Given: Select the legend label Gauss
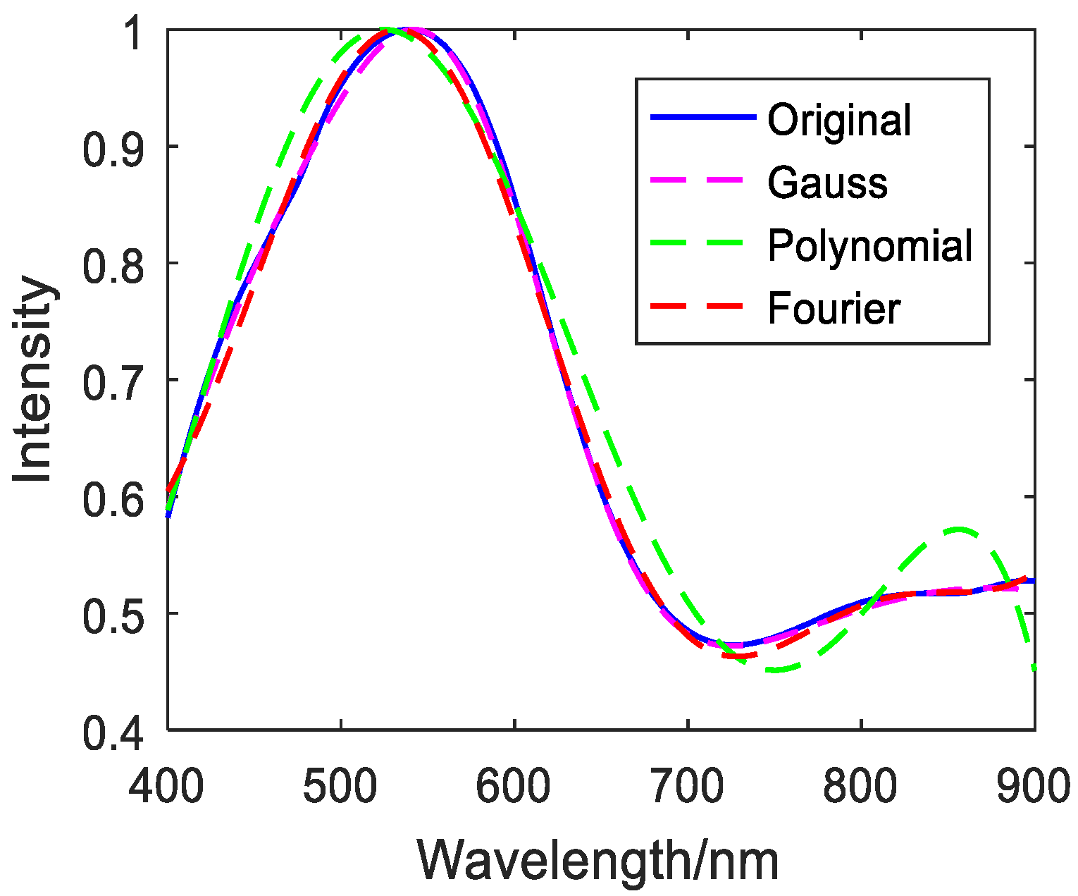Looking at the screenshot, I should pyautogui.click(x=827, y=183).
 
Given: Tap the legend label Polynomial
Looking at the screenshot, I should pyautogui.click(x=870, y=246).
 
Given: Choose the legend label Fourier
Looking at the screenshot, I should pyautogui.click(x=834, y=309).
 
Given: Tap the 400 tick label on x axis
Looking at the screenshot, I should pyautogui.click(x=167, y=786).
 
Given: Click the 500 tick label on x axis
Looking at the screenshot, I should pyautogui.click(x=341, y=786).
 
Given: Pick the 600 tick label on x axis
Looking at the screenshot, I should pyautogui.click(x=514, y=786).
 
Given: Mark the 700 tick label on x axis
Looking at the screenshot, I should pyautogui.click(x=688, y=786).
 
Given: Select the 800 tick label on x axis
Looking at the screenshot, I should pyautogui.click(x=861, y=786).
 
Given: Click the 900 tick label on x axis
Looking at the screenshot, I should pyautogui.click(x=1033, y=786).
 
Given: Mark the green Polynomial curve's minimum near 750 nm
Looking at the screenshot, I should pyautogui.click(x=775, y=670).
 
